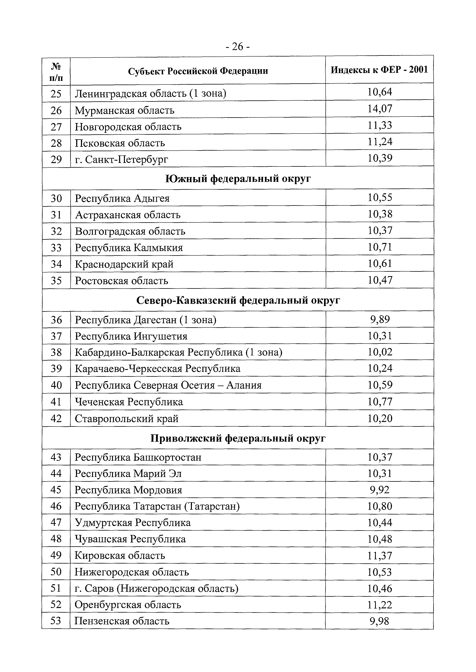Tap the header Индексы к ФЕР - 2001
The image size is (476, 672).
tap(379, 70)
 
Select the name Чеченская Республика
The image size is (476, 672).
tap(129, 402)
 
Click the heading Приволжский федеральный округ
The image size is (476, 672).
tap(238, 438)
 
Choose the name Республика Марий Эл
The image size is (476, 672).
tap(128, 473)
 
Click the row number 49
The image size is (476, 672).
tap(56, 555)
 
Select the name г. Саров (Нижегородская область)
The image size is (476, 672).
tap(156, 588)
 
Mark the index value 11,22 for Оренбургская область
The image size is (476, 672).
tap(379, 605)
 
